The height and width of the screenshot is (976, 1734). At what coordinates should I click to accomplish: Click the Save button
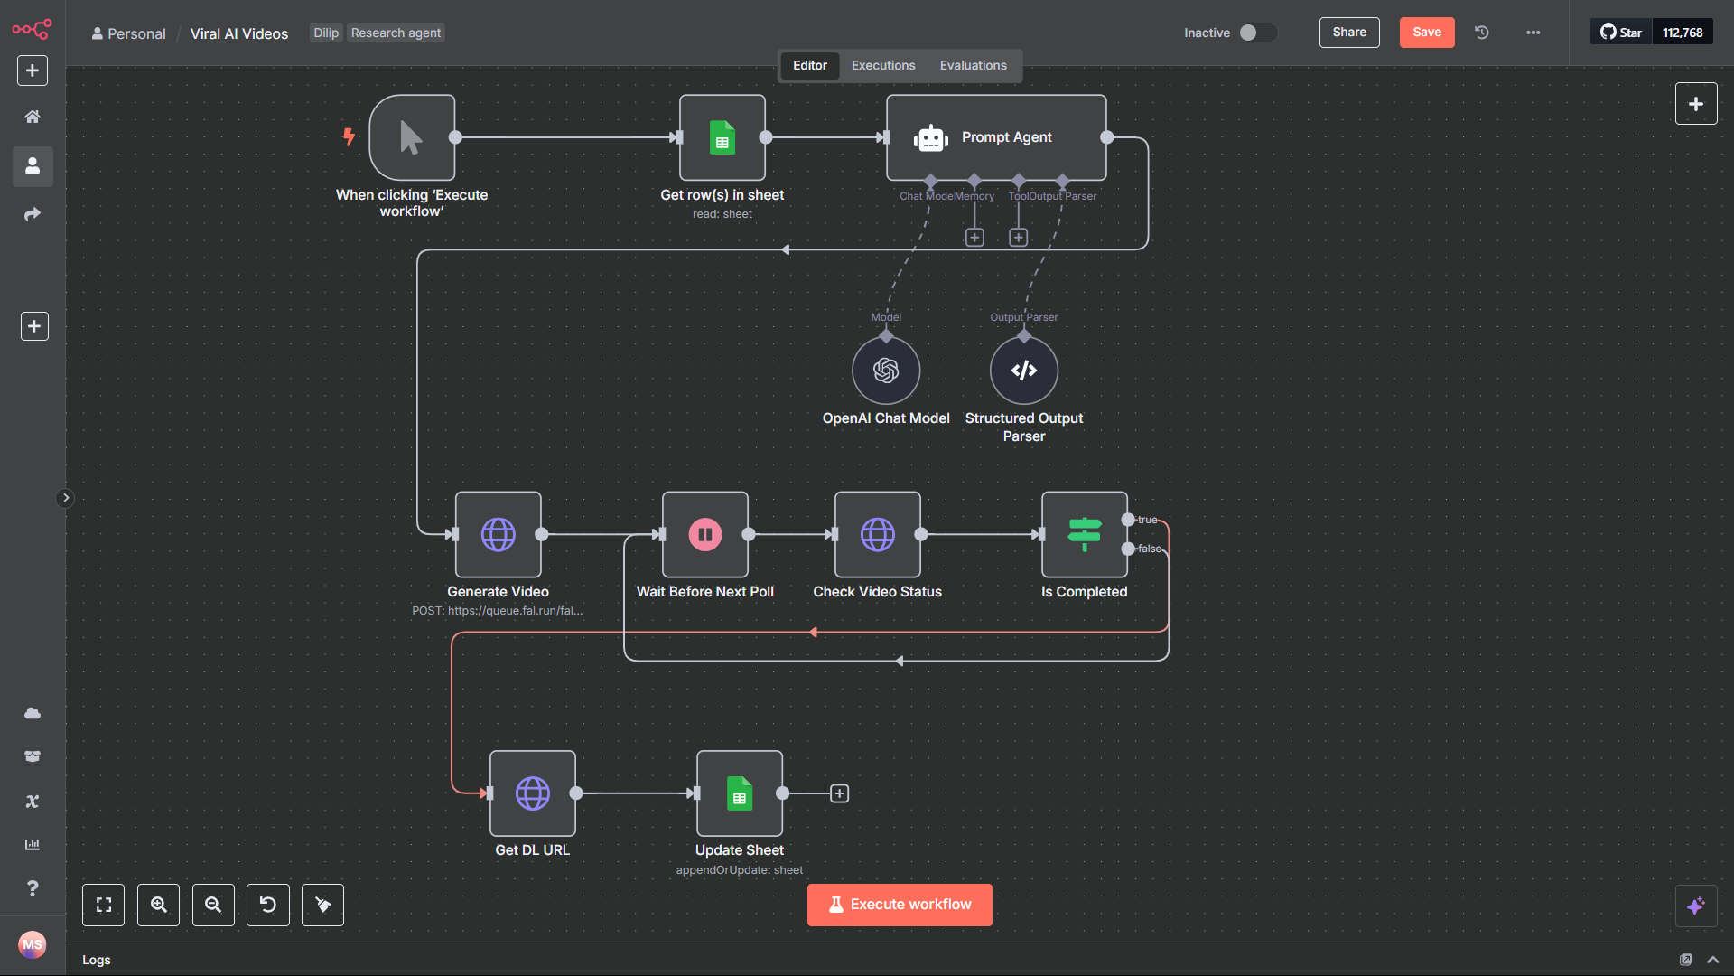pos(1426,33)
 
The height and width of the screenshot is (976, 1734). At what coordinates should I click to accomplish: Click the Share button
pos(1348,33)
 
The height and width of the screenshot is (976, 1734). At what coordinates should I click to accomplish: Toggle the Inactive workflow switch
pos(1256,33)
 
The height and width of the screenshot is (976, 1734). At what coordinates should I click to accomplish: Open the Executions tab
pos(882,65)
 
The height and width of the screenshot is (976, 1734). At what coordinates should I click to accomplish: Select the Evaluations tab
pos(973,65)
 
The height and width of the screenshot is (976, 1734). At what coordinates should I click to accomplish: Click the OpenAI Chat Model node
pos(886,371)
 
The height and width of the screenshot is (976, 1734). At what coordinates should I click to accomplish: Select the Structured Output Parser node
pos(1023,371)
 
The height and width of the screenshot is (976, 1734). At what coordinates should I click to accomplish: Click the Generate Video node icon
pos(498,534)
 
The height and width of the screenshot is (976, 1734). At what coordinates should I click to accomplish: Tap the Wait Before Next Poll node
pos(704,534)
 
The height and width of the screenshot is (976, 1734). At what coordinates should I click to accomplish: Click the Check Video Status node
pos(877,534)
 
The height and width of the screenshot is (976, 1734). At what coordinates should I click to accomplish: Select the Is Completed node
pos(1084,534)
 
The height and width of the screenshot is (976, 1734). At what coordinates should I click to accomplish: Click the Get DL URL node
pos(532,793)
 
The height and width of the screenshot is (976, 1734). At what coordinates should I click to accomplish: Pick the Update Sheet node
pos(739,793)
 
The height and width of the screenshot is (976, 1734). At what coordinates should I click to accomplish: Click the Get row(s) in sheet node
pos(722,137)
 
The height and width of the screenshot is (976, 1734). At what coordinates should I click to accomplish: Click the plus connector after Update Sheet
pos(839,793)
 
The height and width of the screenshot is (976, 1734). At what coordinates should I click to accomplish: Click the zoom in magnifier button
pos(158,905)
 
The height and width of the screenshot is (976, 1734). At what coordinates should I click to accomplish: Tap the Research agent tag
pos(396,33)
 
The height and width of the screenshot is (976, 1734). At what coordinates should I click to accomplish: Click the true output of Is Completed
pos(1128,520)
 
